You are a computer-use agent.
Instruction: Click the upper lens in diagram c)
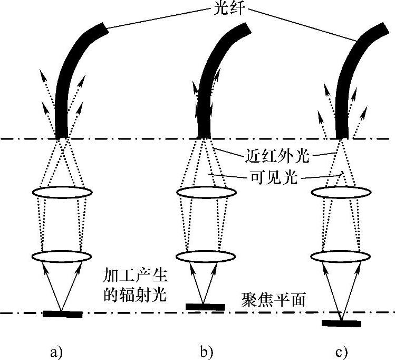click(x=339, y=193)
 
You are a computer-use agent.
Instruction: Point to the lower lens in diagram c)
click(x=339, y=257)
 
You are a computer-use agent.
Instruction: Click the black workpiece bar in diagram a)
click(x=62, y=315)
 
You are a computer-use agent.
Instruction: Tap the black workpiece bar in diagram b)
click(x=205, y=306)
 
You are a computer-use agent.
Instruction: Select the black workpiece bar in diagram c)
click(x=342, y=323)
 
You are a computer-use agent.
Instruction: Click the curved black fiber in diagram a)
click(x=69, y=79)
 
